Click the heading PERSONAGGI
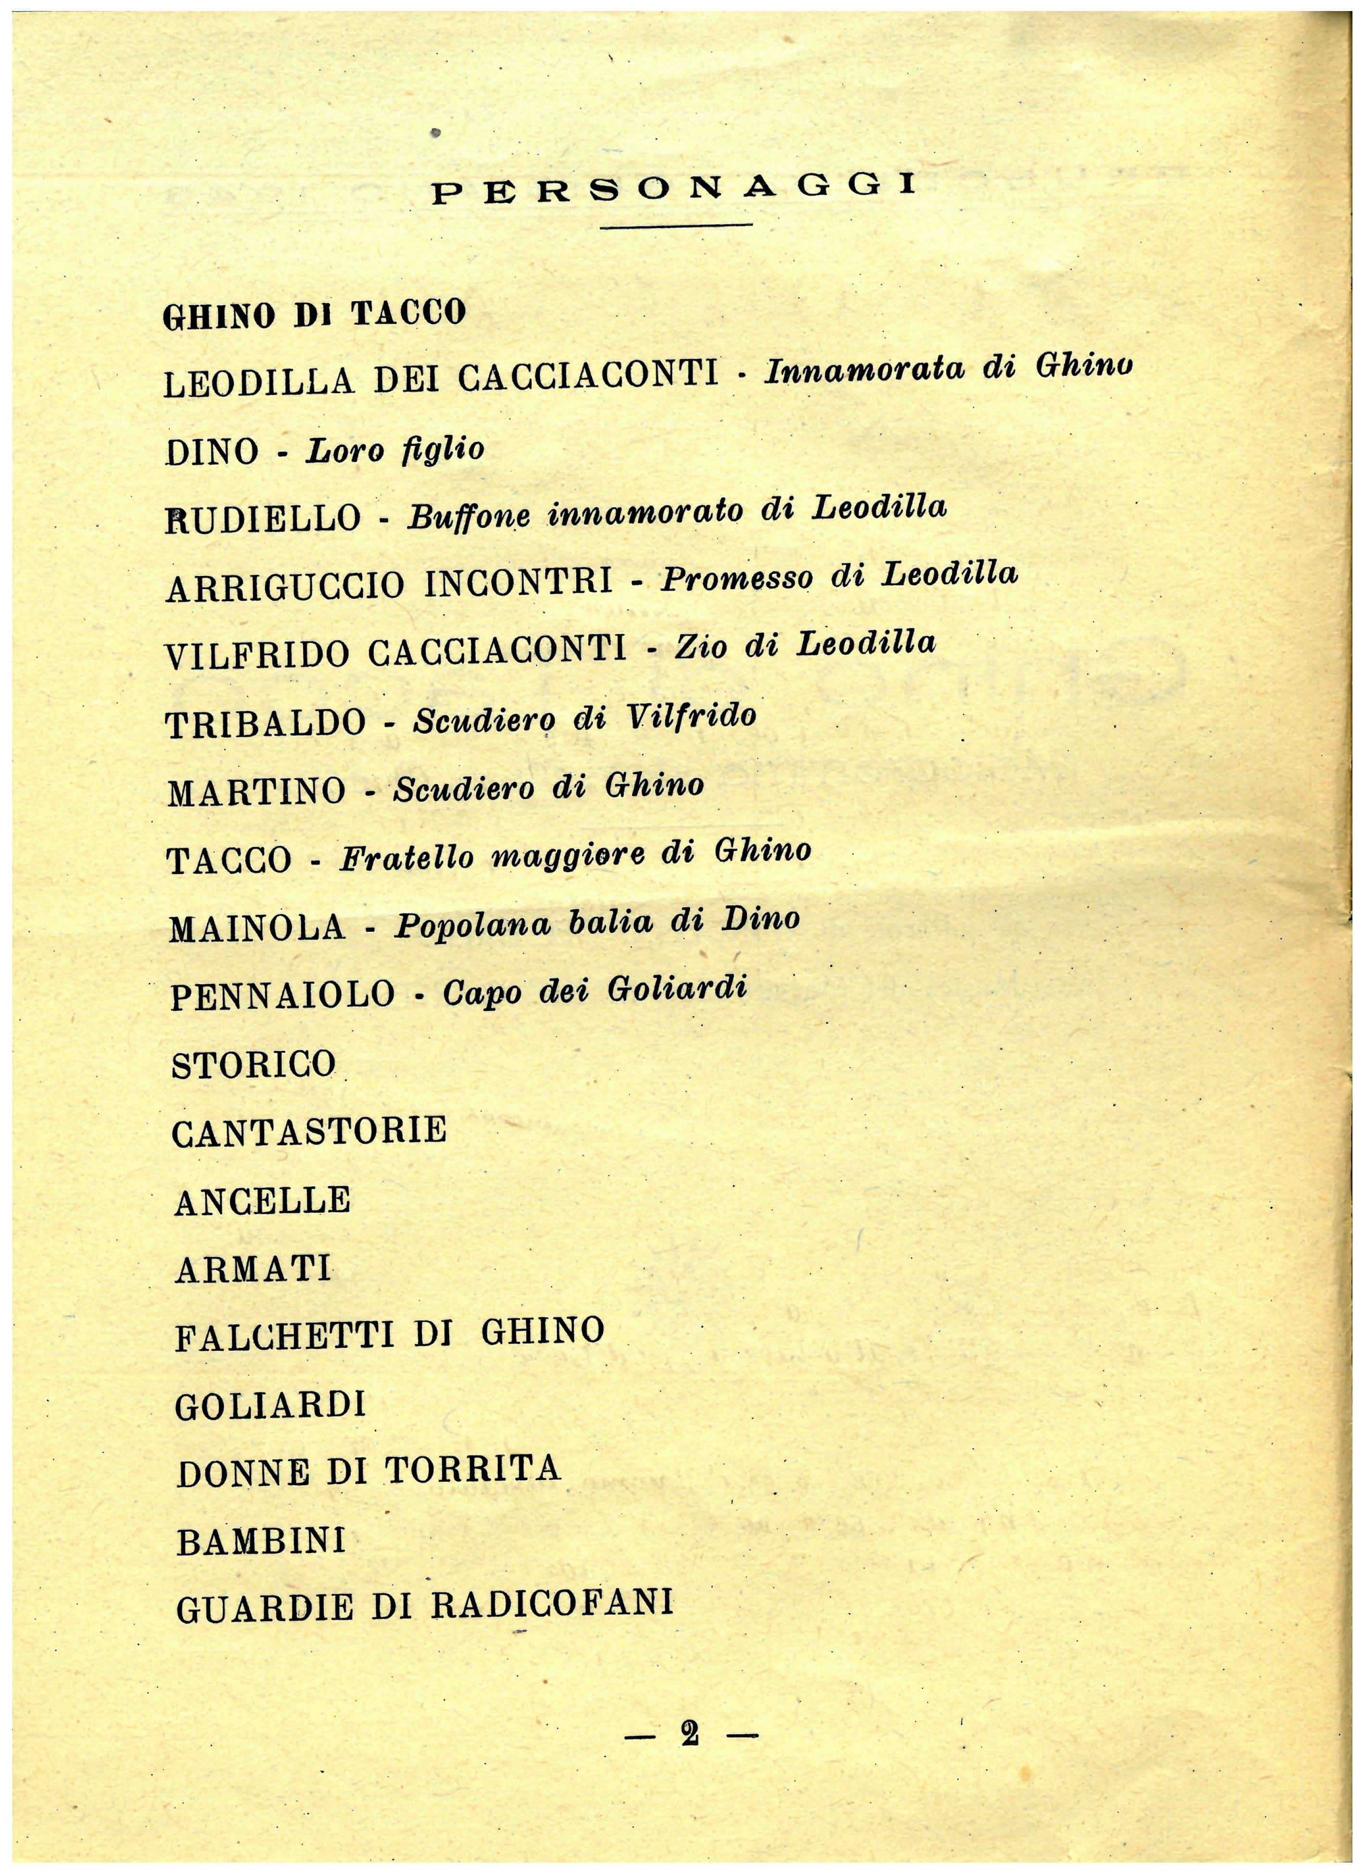674,189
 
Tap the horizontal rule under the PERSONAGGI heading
676,225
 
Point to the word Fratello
407,858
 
